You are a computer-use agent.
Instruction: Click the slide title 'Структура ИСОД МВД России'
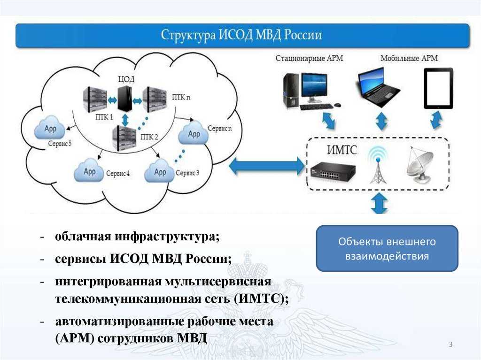click(x=242, y=36)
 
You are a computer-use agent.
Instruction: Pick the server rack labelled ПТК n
click(x=155, y=99)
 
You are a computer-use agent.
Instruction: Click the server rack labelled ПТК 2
click(x=124, y=138)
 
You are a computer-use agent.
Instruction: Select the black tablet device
click(x=438, y=88)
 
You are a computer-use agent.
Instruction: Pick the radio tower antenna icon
click(x=378, y=164)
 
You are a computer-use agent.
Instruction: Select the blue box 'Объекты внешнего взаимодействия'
click(x=387, y=248)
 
